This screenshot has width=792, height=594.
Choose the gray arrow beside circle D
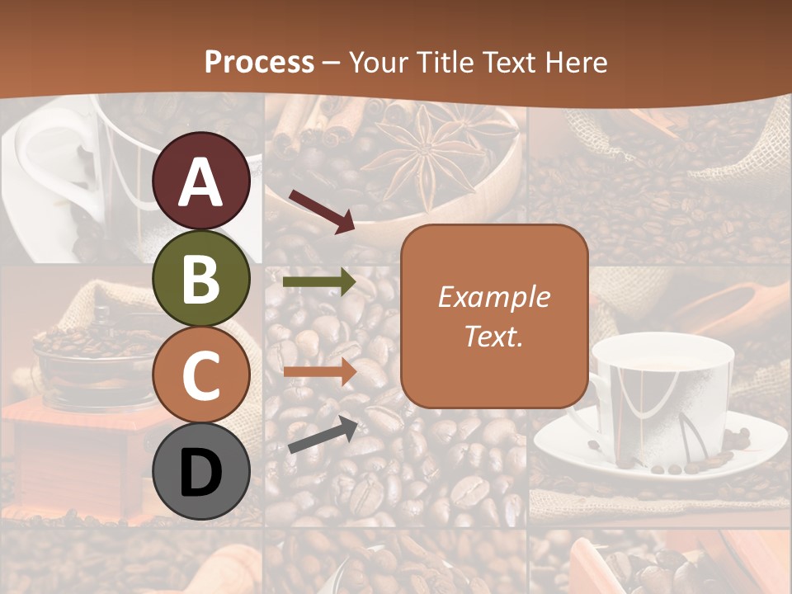[323, 435]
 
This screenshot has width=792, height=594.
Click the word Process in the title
[259, 63]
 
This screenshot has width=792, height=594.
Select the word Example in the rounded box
[493, 297]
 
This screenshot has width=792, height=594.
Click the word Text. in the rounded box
[493, 336]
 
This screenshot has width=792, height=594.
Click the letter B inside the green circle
[201, 279]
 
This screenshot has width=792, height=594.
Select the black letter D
[201, 473]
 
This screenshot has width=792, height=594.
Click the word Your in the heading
[379, 63]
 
